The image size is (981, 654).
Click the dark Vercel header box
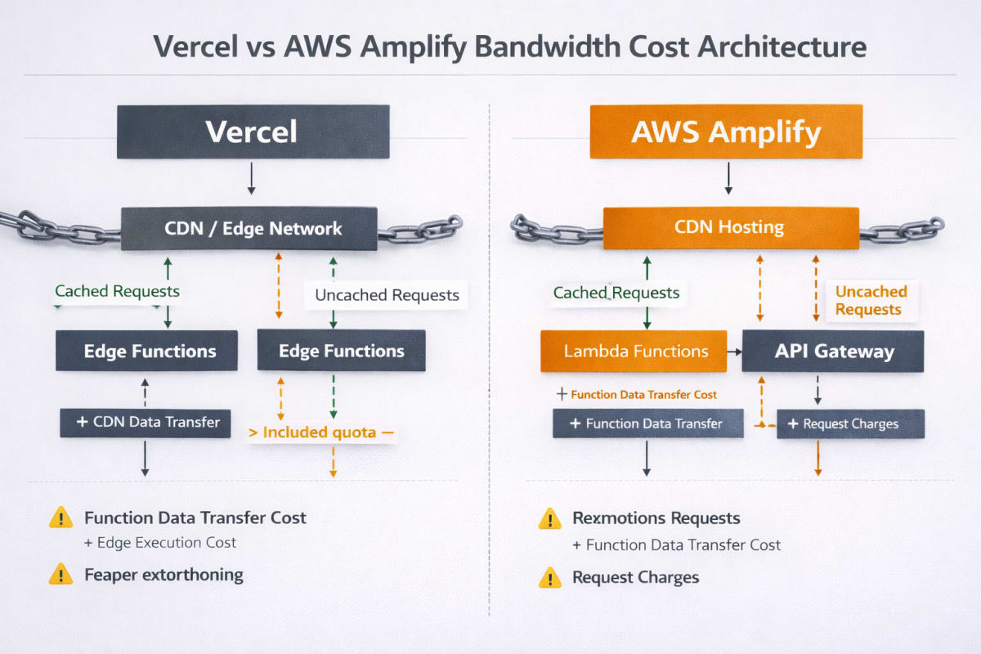coord(253,131)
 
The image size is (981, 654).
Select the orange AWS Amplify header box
coord(726,131)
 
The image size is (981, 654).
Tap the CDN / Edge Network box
coord(249,229)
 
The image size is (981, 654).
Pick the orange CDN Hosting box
coord(730,228)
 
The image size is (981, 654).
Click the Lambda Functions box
coord(634,352)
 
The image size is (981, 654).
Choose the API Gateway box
coord(832,352)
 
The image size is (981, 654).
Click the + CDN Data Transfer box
coord(146,423)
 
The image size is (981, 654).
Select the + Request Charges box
coord(850,423)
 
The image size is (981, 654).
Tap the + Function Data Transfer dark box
coord(647,423)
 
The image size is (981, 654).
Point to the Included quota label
coord(322,432)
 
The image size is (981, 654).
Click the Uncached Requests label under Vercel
coord(387,295)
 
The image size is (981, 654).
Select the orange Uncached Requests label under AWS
coord(871,300)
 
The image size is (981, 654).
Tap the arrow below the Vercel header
coord(252,178)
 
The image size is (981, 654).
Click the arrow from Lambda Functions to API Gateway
coord(734,352)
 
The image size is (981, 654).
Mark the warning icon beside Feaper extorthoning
coord(60,574)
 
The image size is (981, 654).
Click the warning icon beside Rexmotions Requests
coord(549,518)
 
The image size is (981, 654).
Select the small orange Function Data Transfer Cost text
coord(643,395)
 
